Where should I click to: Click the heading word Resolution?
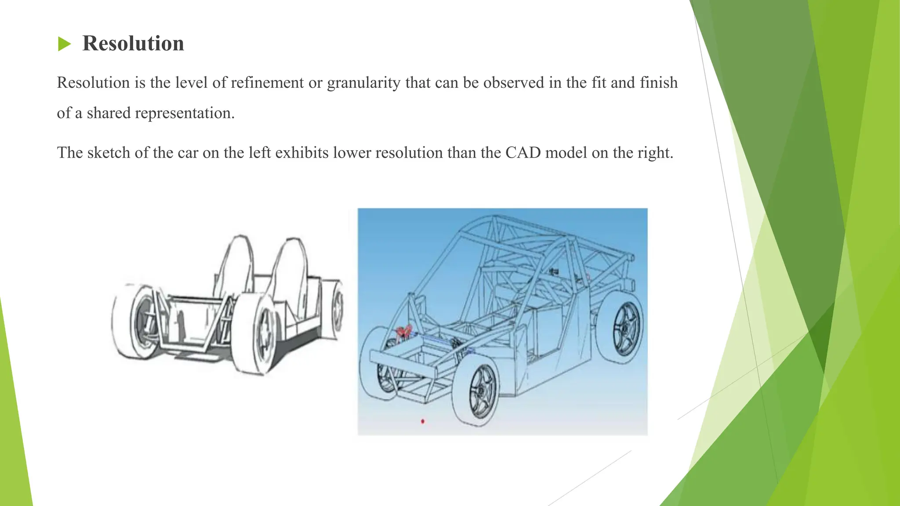point(133,43)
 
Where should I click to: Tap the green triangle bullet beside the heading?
point(64,44)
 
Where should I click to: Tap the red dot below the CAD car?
point(423,421)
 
